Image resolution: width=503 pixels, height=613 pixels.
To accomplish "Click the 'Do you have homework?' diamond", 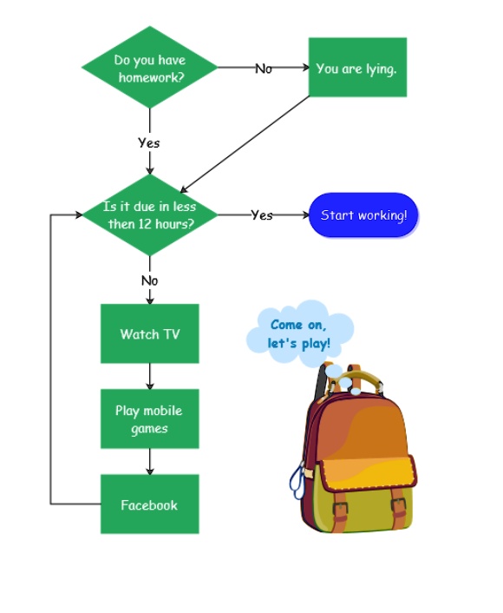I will [x=149, y=67].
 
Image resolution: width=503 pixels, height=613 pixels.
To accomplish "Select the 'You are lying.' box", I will [x=357, y=68].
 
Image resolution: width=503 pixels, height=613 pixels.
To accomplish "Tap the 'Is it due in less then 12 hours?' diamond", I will [x=149, y=214].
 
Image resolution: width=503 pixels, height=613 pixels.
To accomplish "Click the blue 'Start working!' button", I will [x=363, y=215].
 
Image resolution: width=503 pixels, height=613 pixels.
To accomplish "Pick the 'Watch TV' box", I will [x=149, y=333].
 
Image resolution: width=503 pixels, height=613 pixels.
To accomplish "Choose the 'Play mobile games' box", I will [x=149, y=419].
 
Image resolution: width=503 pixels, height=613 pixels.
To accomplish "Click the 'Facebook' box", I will [x=149, y=504].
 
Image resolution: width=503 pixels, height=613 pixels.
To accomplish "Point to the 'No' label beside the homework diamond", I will [x=263, y=68].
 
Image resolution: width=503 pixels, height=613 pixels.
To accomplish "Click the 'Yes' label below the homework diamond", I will [x=148, y=142].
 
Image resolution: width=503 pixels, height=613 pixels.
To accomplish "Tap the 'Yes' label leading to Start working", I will [x=261, y=215].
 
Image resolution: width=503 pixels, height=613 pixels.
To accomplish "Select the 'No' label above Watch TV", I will [x=149, y=280].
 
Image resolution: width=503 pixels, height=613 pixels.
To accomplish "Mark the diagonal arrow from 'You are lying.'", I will [x=245, y=144].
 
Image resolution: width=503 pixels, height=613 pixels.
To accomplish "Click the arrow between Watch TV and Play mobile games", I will [x=149, y=376].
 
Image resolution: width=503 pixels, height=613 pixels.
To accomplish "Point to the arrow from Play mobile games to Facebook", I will [x=149, y=461].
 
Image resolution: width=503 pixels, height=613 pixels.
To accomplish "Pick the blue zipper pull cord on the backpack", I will [x=298, y=482].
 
